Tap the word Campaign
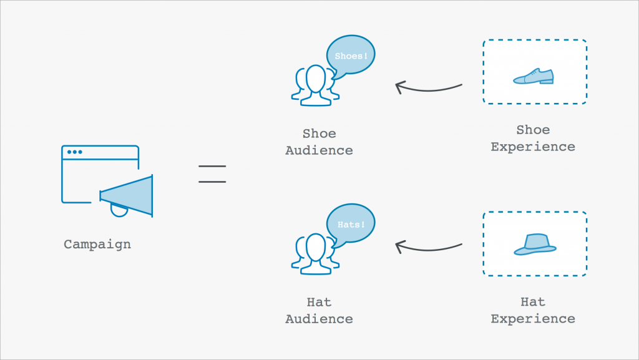(97, 244)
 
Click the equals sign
(212, 174)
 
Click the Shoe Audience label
(319, 142)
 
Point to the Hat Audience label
(319, 310)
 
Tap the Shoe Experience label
(533, 139)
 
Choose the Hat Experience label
(533, 310)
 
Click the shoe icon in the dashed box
(534, 76)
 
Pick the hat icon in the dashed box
(535, 244)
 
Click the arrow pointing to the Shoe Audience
(429, 87)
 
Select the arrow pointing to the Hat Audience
(429, 248)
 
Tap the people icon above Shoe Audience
(315, 86)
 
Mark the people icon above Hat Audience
(315, 255)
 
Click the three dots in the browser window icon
(74, 152)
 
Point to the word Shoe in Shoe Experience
(533, 130)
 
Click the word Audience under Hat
(319, 319)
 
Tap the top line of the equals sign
(212, 167)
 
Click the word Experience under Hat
(533, 319)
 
